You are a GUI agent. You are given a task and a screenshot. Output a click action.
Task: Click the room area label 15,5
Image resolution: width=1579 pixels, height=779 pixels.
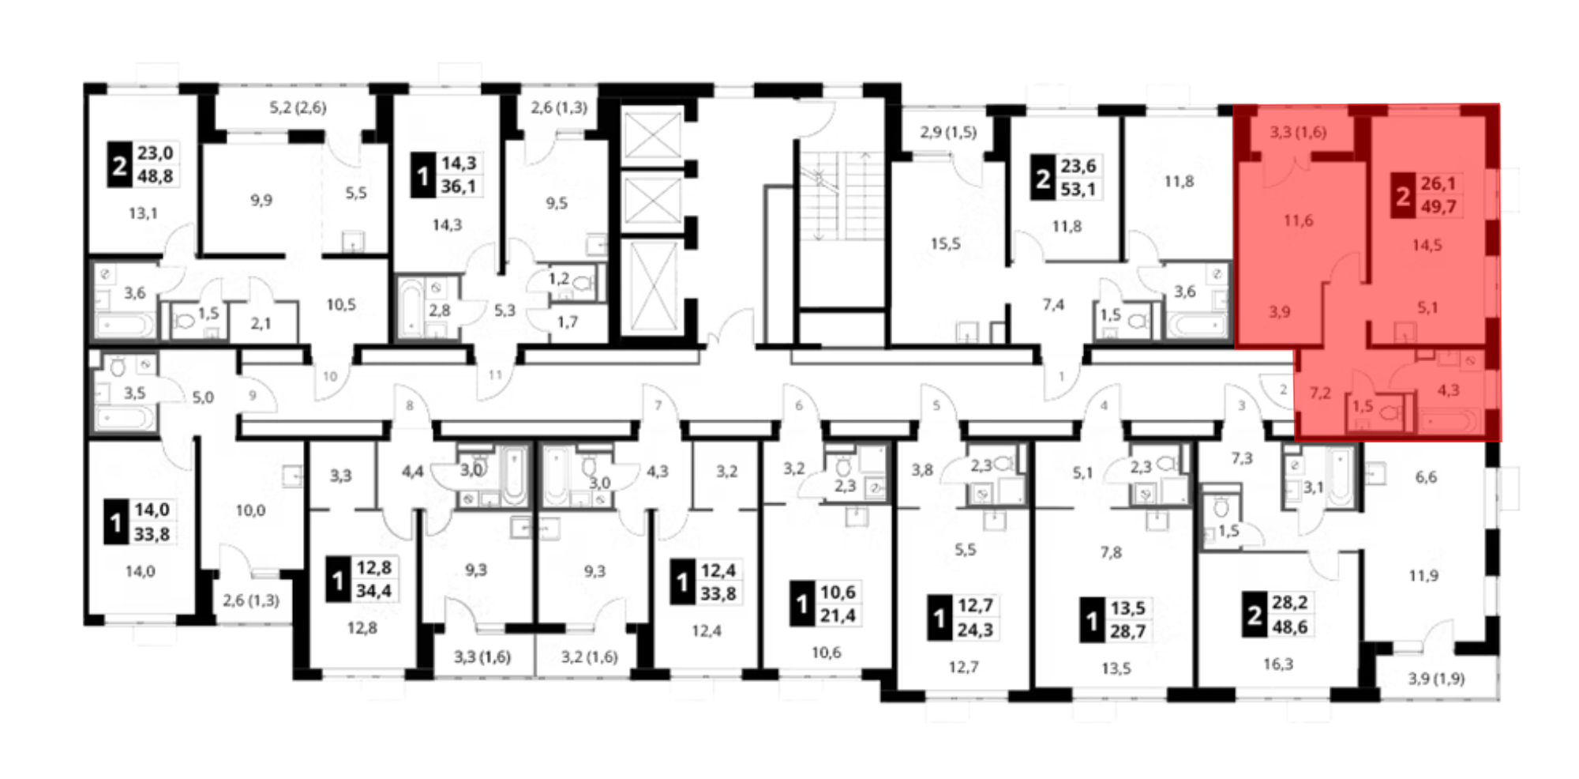(x=945, y=244)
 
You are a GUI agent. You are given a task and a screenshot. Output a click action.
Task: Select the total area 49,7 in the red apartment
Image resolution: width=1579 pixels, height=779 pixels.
(x=1438, y=207)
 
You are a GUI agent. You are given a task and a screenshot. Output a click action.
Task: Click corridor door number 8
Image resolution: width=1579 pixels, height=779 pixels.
(x=409, y=406)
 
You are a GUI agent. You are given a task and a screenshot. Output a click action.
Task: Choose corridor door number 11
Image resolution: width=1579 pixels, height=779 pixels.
(x=495, y=374)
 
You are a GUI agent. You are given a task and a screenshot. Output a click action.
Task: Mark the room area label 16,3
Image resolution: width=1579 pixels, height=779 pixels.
(x=1277, y=664)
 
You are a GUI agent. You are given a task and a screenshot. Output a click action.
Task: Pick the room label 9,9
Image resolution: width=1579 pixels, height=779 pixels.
(x=261, y=201)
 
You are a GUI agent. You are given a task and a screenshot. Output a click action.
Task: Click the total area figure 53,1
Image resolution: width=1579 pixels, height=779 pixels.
(x=1078, y=190)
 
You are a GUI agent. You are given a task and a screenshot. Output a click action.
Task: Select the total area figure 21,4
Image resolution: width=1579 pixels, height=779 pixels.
(x=838, y=615)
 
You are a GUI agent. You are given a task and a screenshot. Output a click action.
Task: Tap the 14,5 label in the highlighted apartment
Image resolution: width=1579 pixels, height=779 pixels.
(x=1427, y=246)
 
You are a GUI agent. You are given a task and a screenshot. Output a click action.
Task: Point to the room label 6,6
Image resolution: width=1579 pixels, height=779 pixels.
(x=1426, y=477)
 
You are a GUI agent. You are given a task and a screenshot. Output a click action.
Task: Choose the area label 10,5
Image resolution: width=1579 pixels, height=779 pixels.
(x=341, y=304)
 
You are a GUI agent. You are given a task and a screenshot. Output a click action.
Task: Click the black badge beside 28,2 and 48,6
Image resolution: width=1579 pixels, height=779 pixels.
(x=1254, y=615)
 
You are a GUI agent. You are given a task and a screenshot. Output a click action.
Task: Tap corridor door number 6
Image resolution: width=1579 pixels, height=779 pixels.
(x=799, y=406)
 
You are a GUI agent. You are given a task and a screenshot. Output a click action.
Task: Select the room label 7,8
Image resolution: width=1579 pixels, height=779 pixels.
(x=1111, y=553)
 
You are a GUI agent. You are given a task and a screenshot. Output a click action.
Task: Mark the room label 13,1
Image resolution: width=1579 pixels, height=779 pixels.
(x=143, y=213)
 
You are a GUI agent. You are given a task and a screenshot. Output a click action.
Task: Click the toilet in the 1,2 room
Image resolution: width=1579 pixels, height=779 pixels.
(x=583, y=282)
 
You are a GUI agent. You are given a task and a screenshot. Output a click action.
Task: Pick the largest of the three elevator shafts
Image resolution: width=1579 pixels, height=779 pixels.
(x=651, y=287)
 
